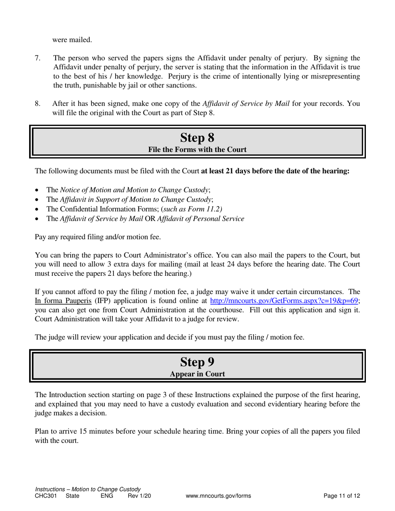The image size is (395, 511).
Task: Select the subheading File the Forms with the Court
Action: point(197,150)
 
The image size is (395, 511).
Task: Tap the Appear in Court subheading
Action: point(197,374)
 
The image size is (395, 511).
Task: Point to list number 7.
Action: point(37,58)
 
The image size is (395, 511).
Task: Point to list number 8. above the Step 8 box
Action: point(37,104)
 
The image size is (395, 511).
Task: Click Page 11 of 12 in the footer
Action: point(342,496)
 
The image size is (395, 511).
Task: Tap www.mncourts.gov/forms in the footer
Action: point(218,496)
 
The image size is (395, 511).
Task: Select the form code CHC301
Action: point(46,496)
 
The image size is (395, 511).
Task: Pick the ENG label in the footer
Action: point(107,496)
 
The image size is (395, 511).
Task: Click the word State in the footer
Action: point(73,496)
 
